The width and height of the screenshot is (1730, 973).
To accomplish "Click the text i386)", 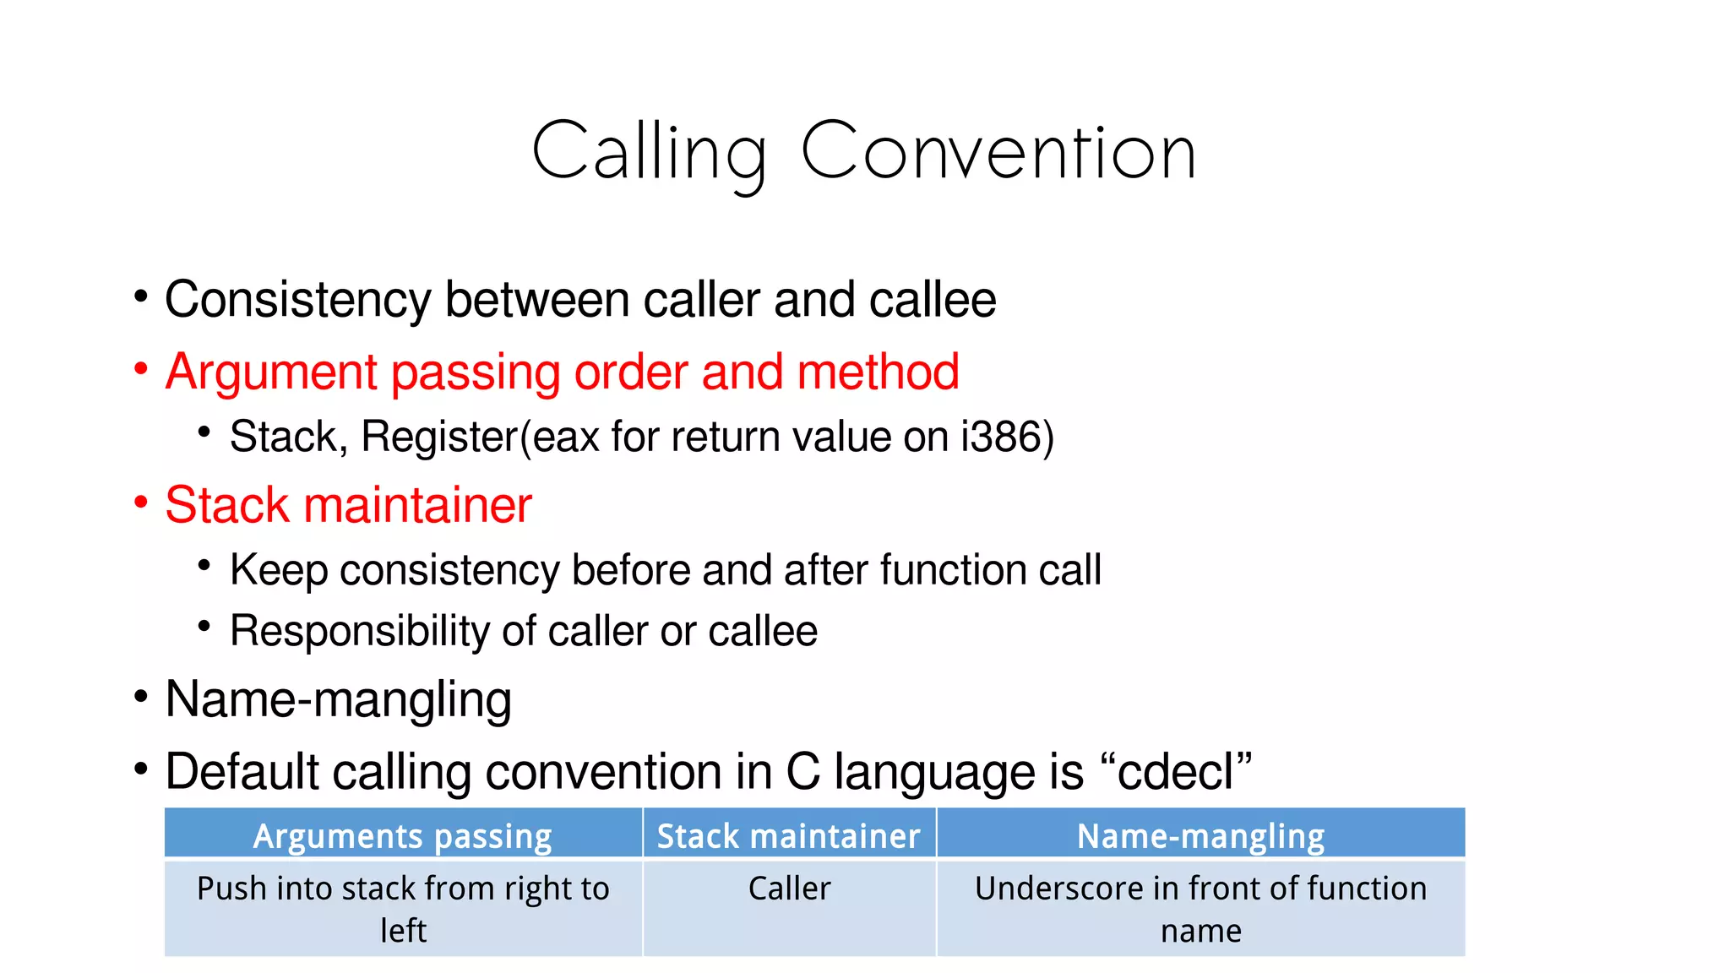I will (1008, 437).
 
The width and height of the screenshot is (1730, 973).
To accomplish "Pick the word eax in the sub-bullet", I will (565, 438).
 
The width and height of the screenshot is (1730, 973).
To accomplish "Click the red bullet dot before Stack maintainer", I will (141, 503).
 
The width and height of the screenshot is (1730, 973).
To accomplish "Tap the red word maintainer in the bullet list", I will (417, 505).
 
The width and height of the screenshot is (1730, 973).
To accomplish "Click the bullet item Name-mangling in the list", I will (338, 699).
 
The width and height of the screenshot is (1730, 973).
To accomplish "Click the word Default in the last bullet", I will (236, 772).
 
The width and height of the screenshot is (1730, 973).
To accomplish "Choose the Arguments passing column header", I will (403, 836).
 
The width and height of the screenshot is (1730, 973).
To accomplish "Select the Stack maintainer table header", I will (789, 836).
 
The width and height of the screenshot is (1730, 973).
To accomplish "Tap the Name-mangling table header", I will (1200, 836).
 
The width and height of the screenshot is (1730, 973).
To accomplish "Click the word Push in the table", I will (231, 889).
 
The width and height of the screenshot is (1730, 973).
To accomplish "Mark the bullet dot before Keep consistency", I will (204, 565).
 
